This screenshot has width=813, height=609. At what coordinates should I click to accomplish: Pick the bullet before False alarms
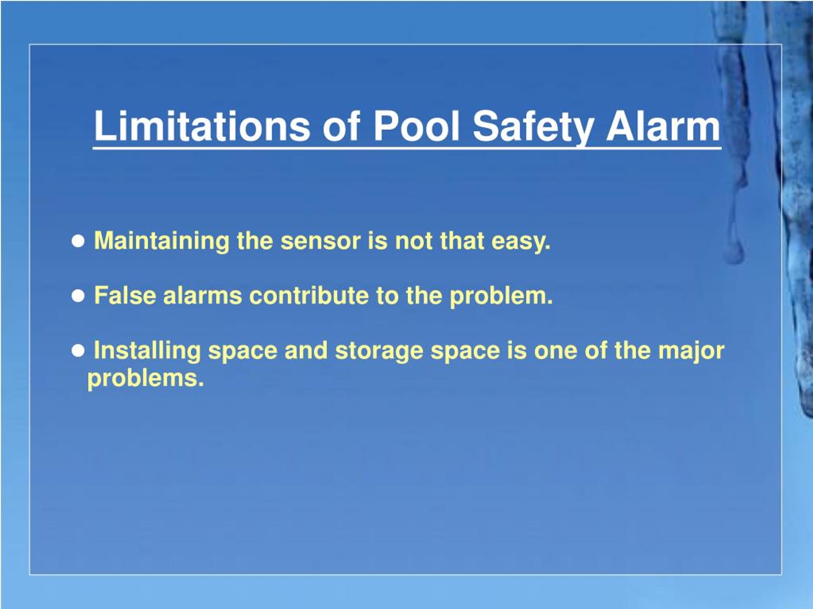click(78, 296)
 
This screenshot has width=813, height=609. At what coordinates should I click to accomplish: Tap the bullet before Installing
click(78, 351)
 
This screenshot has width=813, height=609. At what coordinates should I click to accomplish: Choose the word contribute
click(309, 295)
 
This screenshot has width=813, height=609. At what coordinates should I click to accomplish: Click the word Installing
click(147, 351)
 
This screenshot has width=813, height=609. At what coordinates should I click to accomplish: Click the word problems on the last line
click(145, 378)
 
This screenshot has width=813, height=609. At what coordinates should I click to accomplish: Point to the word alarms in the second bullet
click(203, 295)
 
